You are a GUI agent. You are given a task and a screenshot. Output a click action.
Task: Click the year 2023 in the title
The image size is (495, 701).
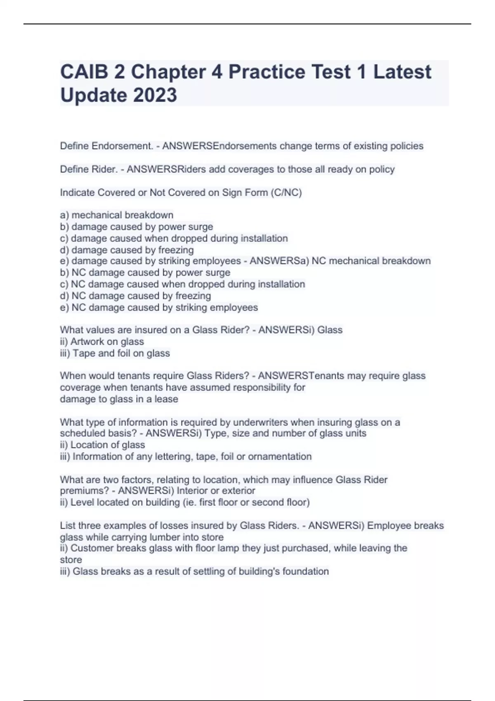point(155,95)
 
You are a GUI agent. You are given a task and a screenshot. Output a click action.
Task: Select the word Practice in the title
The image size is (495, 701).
point(267,72)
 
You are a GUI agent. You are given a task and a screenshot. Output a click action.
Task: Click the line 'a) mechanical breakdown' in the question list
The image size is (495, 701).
point(117,215)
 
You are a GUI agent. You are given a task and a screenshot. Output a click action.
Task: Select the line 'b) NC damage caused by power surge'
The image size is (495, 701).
point(145,273)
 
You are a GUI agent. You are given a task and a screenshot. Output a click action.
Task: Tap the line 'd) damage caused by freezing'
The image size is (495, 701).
point(127,250)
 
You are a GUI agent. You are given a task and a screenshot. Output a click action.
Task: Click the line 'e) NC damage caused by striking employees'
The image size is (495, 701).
point(159,307)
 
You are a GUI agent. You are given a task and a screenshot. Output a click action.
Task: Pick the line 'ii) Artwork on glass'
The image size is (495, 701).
point(102,341)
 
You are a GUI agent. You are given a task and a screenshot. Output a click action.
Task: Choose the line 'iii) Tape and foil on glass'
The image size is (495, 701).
point(115,353)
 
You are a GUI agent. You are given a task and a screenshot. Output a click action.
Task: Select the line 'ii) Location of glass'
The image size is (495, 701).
point(102,445)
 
